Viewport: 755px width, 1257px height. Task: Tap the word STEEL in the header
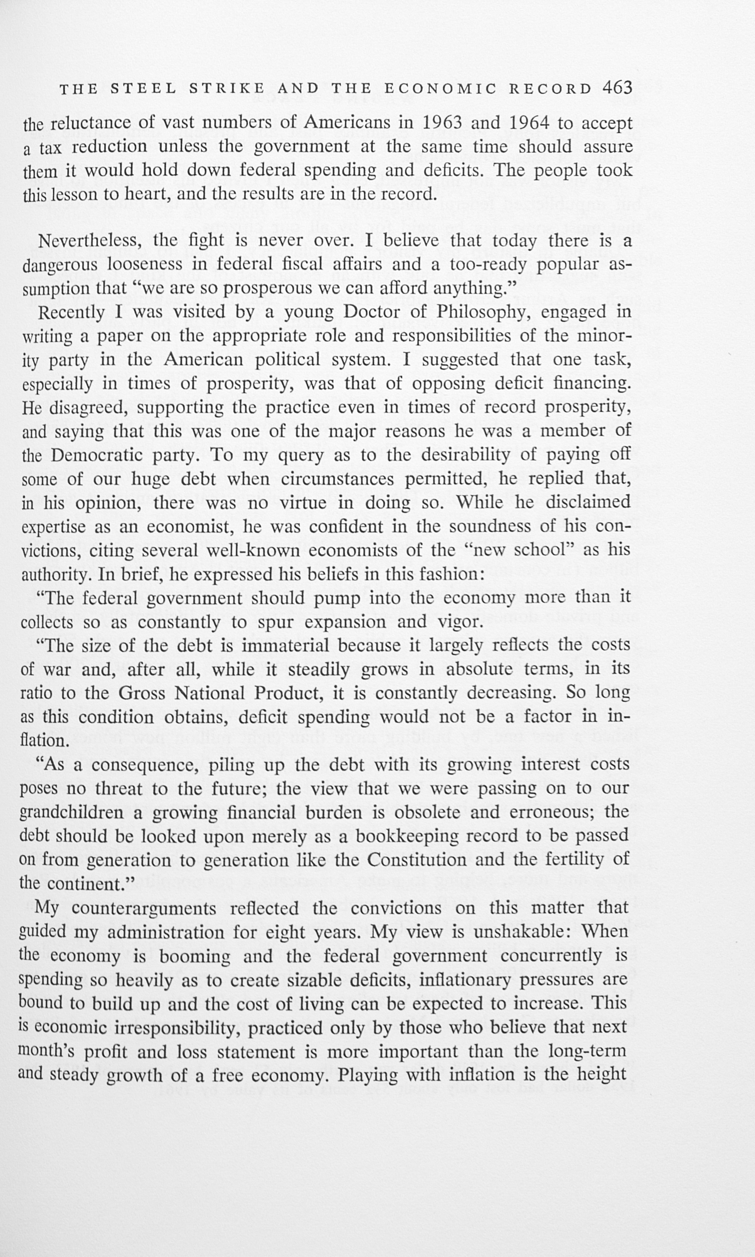[143, 89]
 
